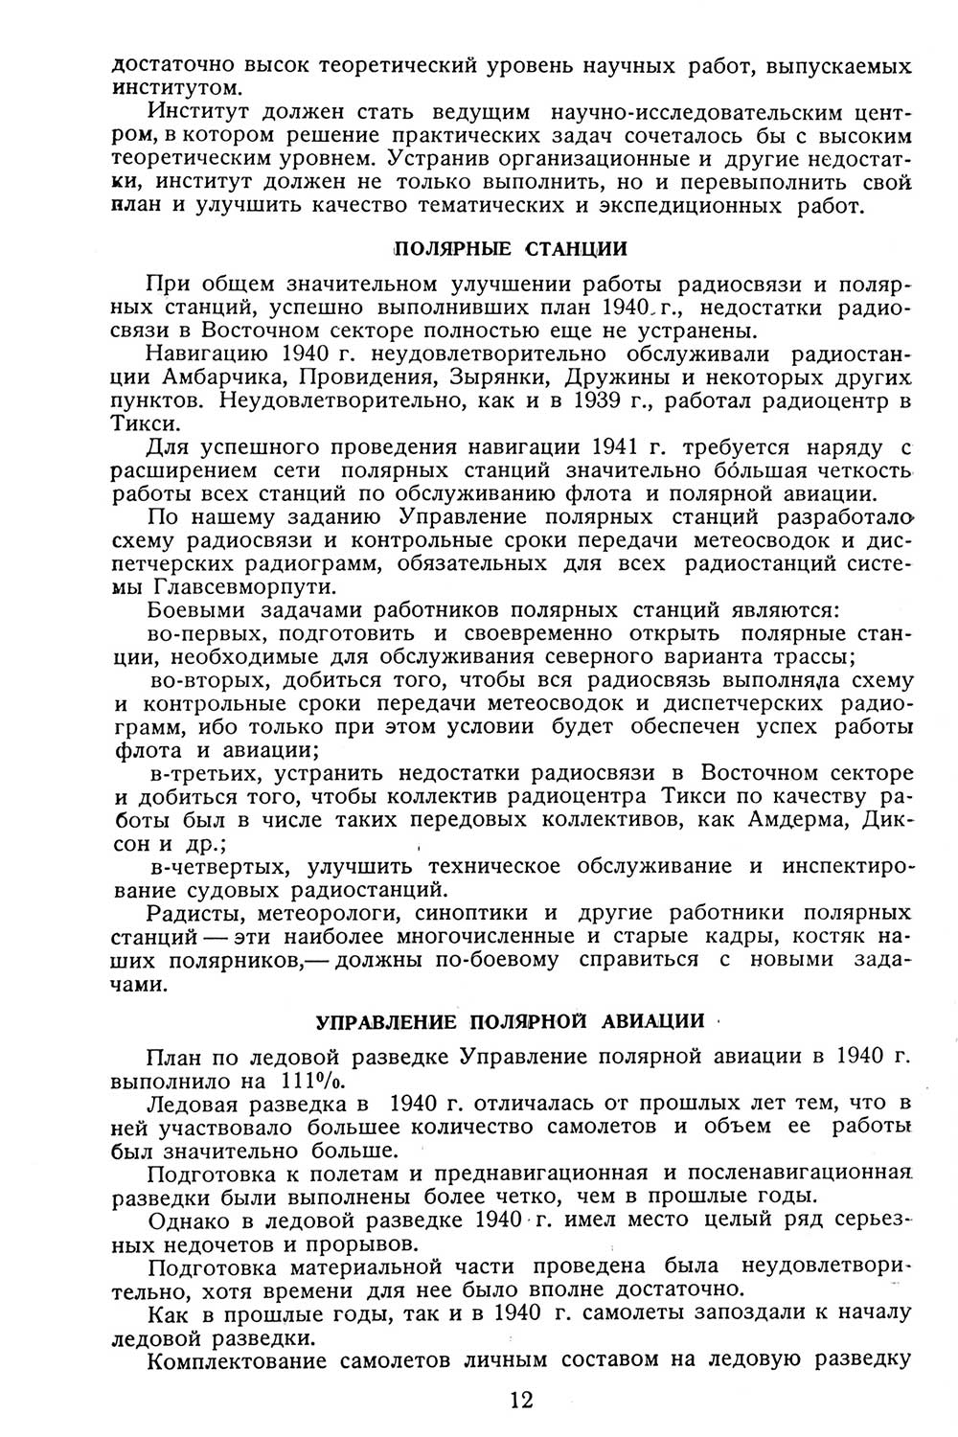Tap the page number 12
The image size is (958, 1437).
pyautogui.click(x=522, y=1400)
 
